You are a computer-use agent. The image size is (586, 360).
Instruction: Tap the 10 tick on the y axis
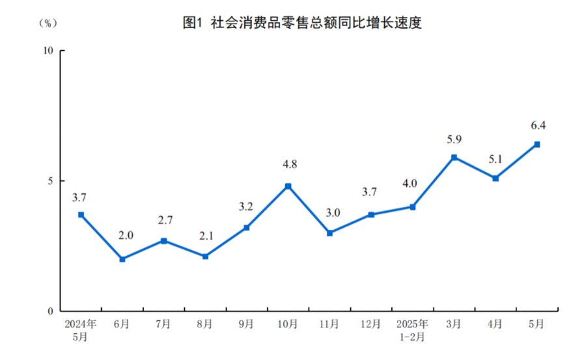point(48,51)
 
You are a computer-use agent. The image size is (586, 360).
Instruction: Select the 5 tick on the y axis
point(51,181)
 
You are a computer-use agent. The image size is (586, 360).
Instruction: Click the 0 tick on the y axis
point(51,311)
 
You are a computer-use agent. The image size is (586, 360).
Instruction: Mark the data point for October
point(288,186)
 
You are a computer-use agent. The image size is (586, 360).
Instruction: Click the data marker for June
point(122,259)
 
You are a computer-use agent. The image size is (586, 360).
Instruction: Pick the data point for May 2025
point(537,145)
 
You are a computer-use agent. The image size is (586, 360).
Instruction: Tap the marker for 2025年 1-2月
point(413,207)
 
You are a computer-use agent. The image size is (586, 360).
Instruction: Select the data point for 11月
point(329,233)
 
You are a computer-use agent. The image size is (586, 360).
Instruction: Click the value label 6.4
point(537,126)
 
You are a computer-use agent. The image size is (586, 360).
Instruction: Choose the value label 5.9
point(454,139)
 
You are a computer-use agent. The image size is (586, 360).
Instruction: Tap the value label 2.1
point(205,238)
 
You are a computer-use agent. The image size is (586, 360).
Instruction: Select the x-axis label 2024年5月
point(81,329)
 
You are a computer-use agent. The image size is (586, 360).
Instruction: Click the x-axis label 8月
point(205,324)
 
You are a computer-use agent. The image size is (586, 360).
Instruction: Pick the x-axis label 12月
point(371,324)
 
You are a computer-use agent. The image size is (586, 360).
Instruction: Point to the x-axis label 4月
point(495,324)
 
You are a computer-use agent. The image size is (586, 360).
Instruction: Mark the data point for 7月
point(163,241)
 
